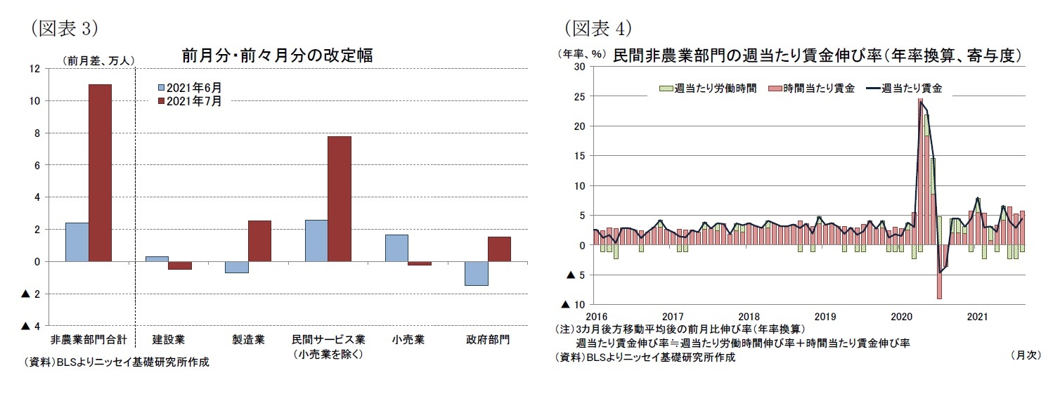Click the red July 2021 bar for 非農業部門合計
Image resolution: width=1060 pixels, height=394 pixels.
click(x=100, y=173)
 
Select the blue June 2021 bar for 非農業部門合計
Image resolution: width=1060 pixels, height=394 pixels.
click(x=77, y=242)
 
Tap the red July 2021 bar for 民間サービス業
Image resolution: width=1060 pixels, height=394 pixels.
click(x=340, y=199)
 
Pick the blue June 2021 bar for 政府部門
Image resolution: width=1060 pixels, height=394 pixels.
click(x=477, y=273)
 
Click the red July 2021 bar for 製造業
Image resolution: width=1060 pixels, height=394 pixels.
click(x=259, y=241)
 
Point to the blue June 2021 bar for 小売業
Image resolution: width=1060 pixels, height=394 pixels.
click(x=397, y=248)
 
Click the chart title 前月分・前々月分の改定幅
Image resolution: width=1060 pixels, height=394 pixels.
click(x=277, y=55)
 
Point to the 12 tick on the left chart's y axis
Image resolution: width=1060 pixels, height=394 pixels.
click(x=34, y=69)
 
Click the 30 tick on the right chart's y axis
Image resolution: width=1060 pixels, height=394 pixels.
click(x=579, y=67)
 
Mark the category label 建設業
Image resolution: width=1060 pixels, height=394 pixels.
click(x=168, y=340)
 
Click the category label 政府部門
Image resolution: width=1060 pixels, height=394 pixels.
click(x=489, y=340)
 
